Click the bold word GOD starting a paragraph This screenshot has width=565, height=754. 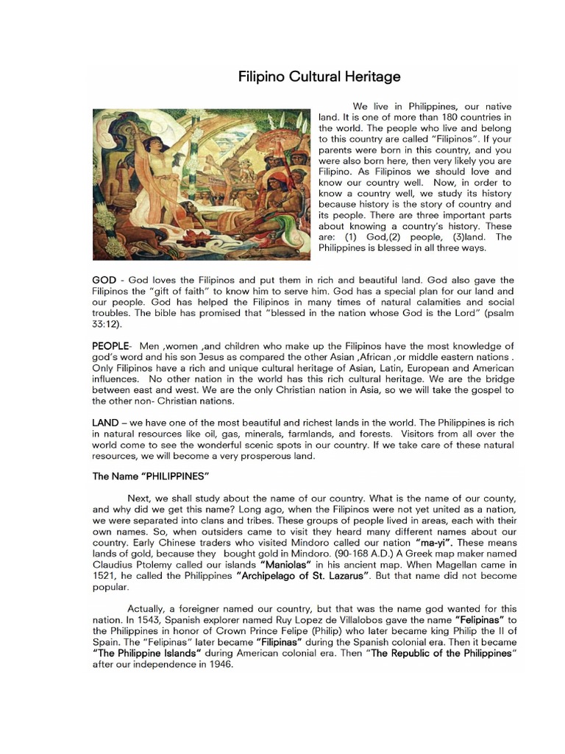106,281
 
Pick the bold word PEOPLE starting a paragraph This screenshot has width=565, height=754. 111,346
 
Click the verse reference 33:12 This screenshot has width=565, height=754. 108,324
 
